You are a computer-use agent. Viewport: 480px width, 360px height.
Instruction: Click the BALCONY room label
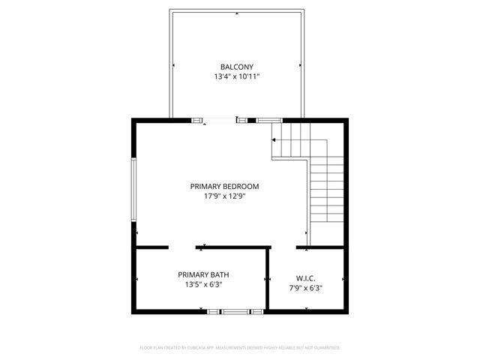coord(236,66)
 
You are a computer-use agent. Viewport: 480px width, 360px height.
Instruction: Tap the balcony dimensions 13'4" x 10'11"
coord(236,76)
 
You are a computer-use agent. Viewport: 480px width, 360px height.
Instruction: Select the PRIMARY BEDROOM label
coord(224,186)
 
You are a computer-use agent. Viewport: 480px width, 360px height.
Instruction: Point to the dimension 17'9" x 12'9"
coord(224,196)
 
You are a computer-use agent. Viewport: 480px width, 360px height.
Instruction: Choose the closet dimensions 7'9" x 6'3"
coord(305,287)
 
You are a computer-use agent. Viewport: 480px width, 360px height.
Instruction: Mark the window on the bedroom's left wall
coord(135,190)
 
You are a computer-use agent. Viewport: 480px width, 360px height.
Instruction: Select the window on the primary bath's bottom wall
coord(236,310)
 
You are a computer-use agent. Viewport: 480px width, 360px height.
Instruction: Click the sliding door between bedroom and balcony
coord(221,119)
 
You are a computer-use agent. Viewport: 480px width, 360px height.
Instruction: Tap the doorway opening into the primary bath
coord(182,247)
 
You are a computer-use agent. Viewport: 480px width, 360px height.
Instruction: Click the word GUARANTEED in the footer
coord(323,348)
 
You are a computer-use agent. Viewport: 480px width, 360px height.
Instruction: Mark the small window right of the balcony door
coord(269,119)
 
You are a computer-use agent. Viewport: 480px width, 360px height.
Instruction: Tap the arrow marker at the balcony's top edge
coord(237,13)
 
